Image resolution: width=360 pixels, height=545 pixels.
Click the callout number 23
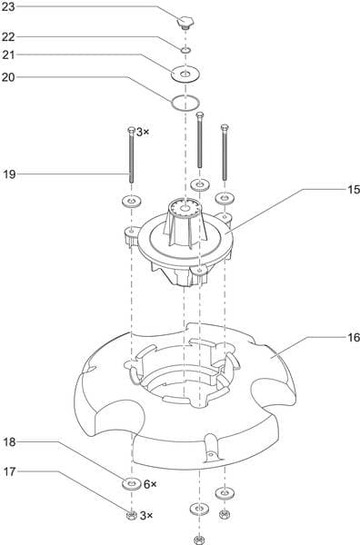[x=8, y=7]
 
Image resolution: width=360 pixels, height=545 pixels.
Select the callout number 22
[x=8, y=37]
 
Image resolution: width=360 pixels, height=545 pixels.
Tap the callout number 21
[x=8, y=54]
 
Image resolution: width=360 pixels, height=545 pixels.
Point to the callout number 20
[x=8, y=77]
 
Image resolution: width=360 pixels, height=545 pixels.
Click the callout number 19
[x=9, y=174]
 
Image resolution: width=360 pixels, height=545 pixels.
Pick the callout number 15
[x=354, y=190]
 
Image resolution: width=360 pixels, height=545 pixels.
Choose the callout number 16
[x=354, y=337]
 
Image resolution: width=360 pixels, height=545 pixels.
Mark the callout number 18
[x=9, y=442]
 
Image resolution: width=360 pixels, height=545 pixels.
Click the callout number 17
[x=9, y=471]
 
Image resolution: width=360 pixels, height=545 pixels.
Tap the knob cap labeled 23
[x=185, y=22]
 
